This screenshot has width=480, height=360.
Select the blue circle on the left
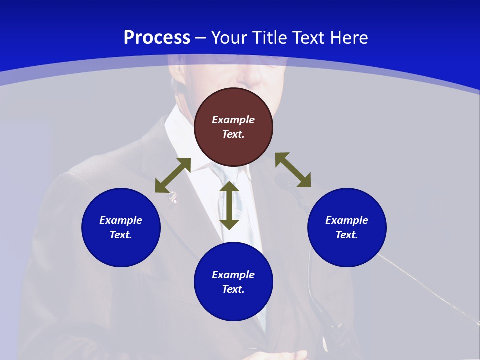click(x=121, y=250)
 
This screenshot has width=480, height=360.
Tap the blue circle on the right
click(x=347, y=250)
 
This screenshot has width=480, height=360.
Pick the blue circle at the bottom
click(x=233, y=305)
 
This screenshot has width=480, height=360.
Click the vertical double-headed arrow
click(x=229, y=205)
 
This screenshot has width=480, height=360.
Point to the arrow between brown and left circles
click(x=173, y=175)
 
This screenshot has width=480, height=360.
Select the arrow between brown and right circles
click(x=293, y=170)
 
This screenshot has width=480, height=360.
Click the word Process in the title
click(x=157, y=38)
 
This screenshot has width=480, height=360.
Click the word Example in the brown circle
click(x=233, y=120)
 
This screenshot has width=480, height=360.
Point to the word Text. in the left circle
click(x=121, y=235)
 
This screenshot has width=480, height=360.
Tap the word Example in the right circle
click(x=347, y=220)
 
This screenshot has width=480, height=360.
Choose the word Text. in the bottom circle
click(x=233, y=289)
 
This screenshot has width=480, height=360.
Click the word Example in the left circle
click(x=121, y=220)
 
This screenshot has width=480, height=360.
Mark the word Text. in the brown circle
click(x=233, y=134)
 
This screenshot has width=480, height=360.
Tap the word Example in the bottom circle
click(x=233, y=275)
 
